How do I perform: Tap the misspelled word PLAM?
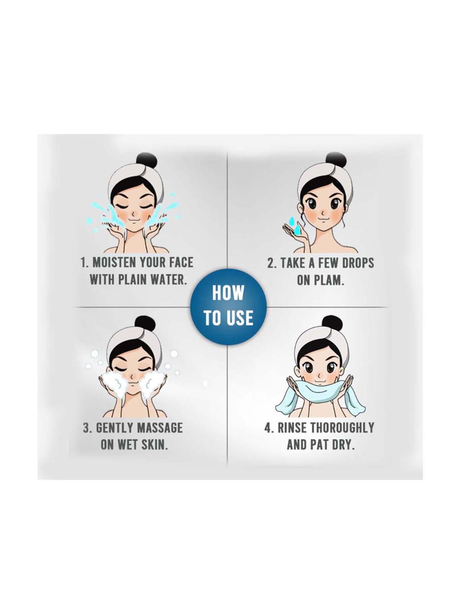point(330,281)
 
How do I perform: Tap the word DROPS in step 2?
point(357,263)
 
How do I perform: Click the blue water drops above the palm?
point(294,223)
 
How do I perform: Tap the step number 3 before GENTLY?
point(87,428)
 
